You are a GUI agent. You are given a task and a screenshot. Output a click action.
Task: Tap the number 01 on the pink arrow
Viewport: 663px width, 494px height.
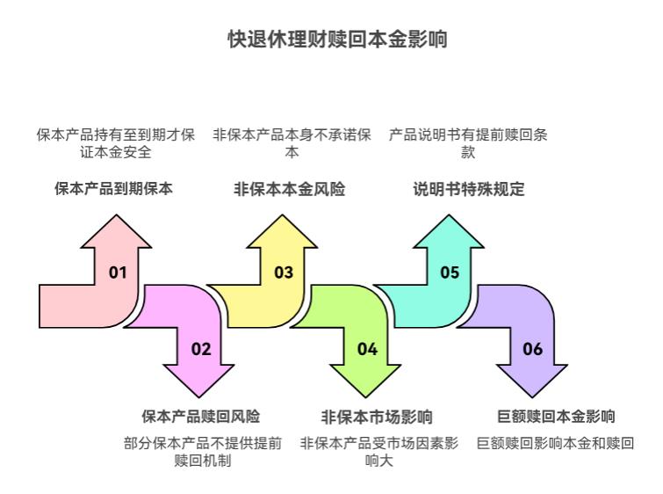point(118,272)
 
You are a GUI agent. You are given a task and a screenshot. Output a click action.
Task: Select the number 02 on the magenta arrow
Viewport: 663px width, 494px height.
point(201,349)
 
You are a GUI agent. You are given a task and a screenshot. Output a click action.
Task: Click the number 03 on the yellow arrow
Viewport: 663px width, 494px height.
point(284,272)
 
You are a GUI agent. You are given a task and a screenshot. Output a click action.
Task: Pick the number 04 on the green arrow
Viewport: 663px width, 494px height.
point(367,349)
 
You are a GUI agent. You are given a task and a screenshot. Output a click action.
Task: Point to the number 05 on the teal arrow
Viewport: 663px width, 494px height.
point(450,272)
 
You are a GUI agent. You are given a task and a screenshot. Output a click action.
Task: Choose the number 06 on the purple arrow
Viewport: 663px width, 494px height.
point(533,349)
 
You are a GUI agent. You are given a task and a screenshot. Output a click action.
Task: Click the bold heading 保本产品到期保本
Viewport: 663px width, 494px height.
point(113,189)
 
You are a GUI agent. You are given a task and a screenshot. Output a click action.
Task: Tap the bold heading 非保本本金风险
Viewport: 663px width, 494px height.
point(289,189)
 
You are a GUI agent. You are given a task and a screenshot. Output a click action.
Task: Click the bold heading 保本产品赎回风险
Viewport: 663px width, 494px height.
point(201,417)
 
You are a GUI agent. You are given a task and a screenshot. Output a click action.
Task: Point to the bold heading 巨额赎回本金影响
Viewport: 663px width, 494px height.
point(556,417)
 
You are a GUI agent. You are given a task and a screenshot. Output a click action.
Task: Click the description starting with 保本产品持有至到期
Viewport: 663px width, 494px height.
point(115,143)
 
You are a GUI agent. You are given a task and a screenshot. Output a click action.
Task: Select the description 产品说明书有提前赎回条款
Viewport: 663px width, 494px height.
point(469,143)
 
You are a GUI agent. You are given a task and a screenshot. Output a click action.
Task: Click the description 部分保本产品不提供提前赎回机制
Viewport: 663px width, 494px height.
point(203,452)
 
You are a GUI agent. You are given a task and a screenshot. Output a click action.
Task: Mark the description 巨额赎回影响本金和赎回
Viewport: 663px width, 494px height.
point(555,444)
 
